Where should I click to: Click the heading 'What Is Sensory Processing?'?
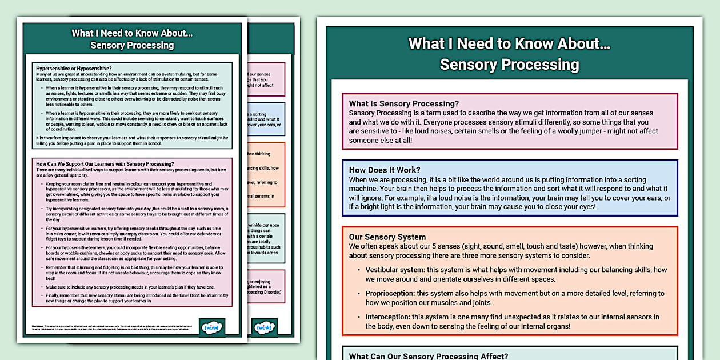403,103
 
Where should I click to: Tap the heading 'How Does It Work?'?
385,170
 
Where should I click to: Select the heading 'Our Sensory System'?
387,237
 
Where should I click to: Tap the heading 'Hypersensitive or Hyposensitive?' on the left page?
74,68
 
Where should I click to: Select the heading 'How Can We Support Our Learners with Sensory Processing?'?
105,164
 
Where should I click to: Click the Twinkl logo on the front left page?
212,328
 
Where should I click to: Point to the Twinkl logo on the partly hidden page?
265,328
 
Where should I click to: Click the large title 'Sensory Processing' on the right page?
509,65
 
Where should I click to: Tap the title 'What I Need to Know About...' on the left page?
132,33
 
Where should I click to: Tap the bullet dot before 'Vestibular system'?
358,270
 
